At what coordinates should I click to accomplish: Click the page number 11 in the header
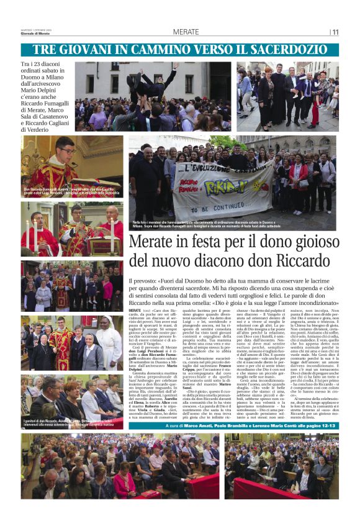click(x=335, y=32)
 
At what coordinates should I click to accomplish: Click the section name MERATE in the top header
click(x=186, y=32)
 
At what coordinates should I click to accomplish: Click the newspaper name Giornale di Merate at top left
click(x=35, y=34)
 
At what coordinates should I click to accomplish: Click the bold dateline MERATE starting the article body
click(x=135, y=309)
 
